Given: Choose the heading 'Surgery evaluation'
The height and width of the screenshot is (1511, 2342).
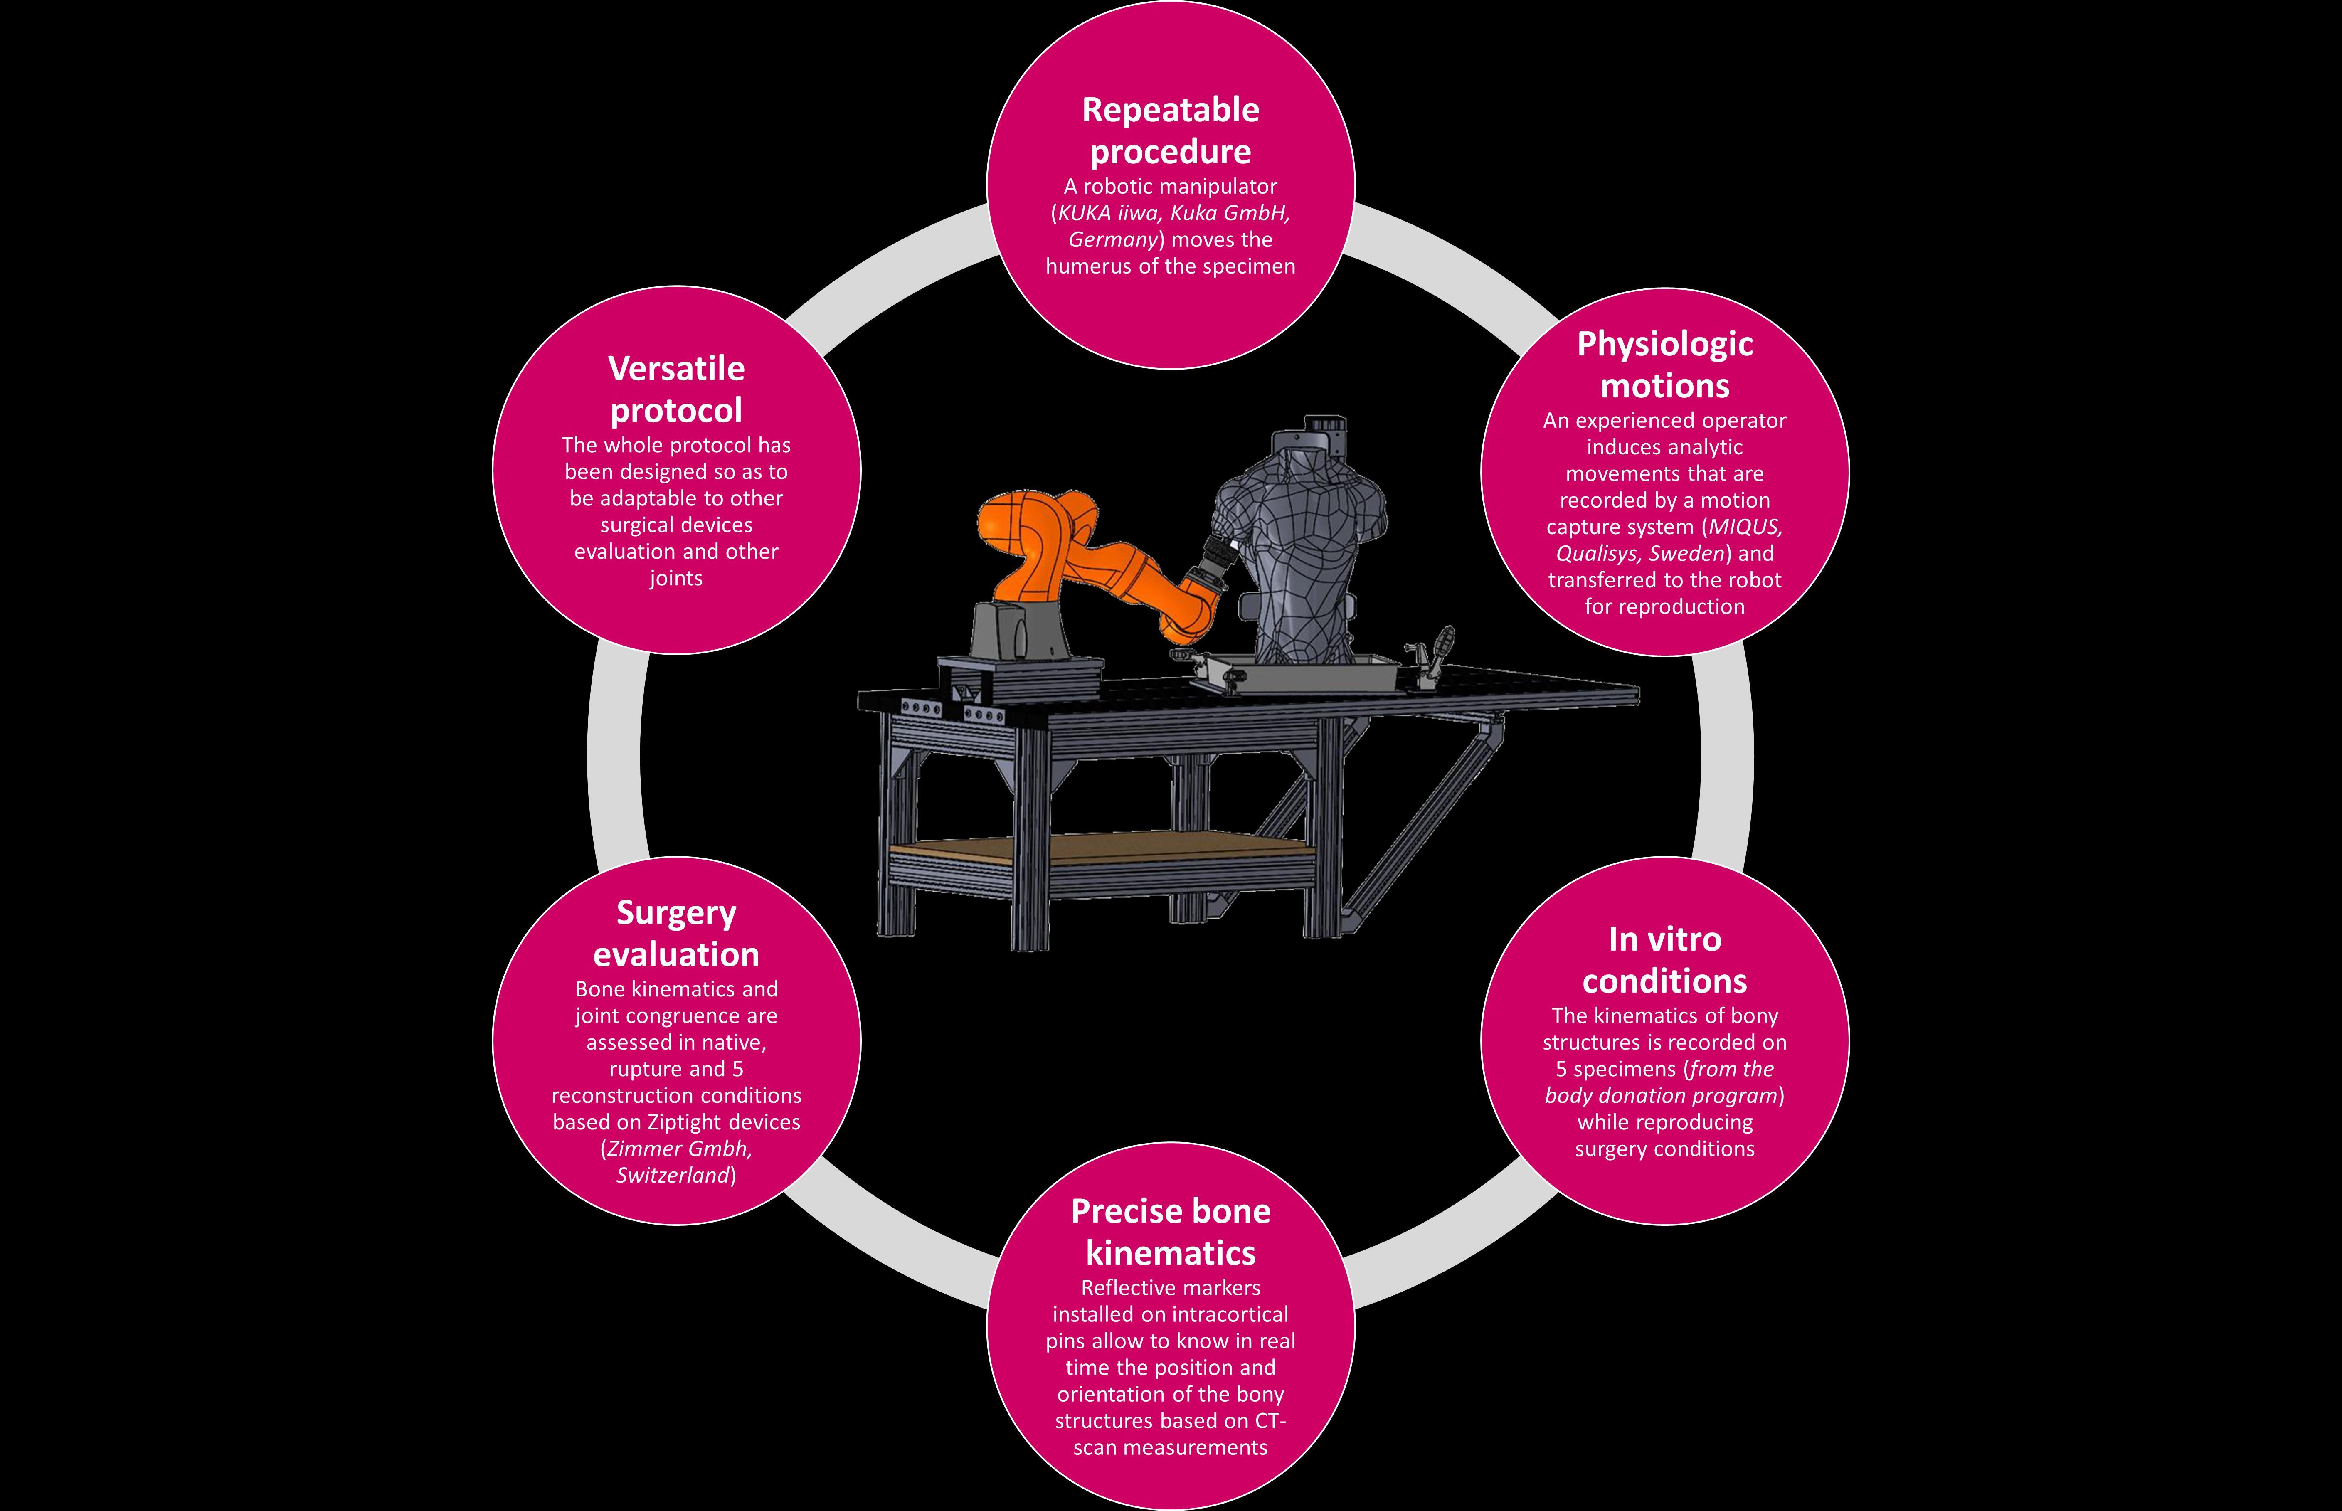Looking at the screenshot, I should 676,933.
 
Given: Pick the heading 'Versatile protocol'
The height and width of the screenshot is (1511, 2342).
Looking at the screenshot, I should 676,389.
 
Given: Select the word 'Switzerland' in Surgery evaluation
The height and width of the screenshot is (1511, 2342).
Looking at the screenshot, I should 673,1176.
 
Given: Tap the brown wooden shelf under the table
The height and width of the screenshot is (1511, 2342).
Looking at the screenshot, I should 1099,849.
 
